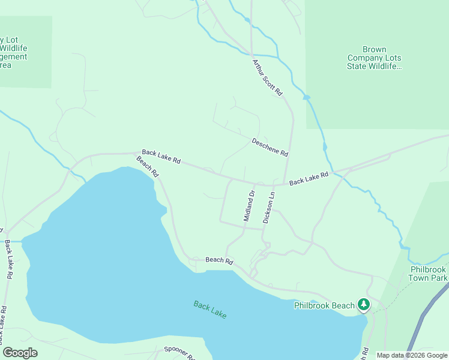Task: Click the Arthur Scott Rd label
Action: (267, 77)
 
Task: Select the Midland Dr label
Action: (249, 206)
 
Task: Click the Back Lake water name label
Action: (210, 310)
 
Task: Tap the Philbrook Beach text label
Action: (324, 305)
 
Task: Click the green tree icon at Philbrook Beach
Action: (364, 305)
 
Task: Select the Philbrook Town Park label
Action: (429, 274)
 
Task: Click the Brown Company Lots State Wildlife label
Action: (374, 58)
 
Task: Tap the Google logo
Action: (20, 353)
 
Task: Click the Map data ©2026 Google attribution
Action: (412, 355)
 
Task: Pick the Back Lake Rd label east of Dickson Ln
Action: (309, 178)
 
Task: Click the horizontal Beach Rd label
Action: (219, 260)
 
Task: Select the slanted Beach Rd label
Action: (147, 167)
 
